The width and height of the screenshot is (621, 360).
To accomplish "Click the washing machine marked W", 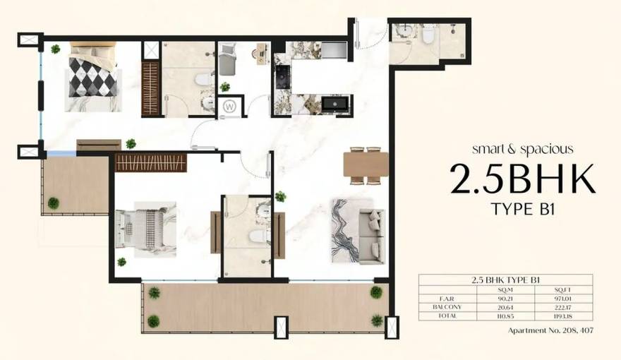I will (230, 107).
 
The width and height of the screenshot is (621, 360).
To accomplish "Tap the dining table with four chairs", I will (366, 164).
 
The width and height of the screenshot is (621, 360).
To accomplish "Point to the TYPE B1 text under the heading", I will (523, 210).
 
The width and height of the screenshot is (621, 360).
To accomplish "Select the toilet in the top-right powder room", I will (428, 37).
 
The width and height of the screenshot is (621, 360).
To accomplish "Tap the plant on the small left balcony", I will (54, 203).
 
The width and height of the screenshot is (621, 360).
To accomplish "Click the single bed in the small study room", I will (228, 59).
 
